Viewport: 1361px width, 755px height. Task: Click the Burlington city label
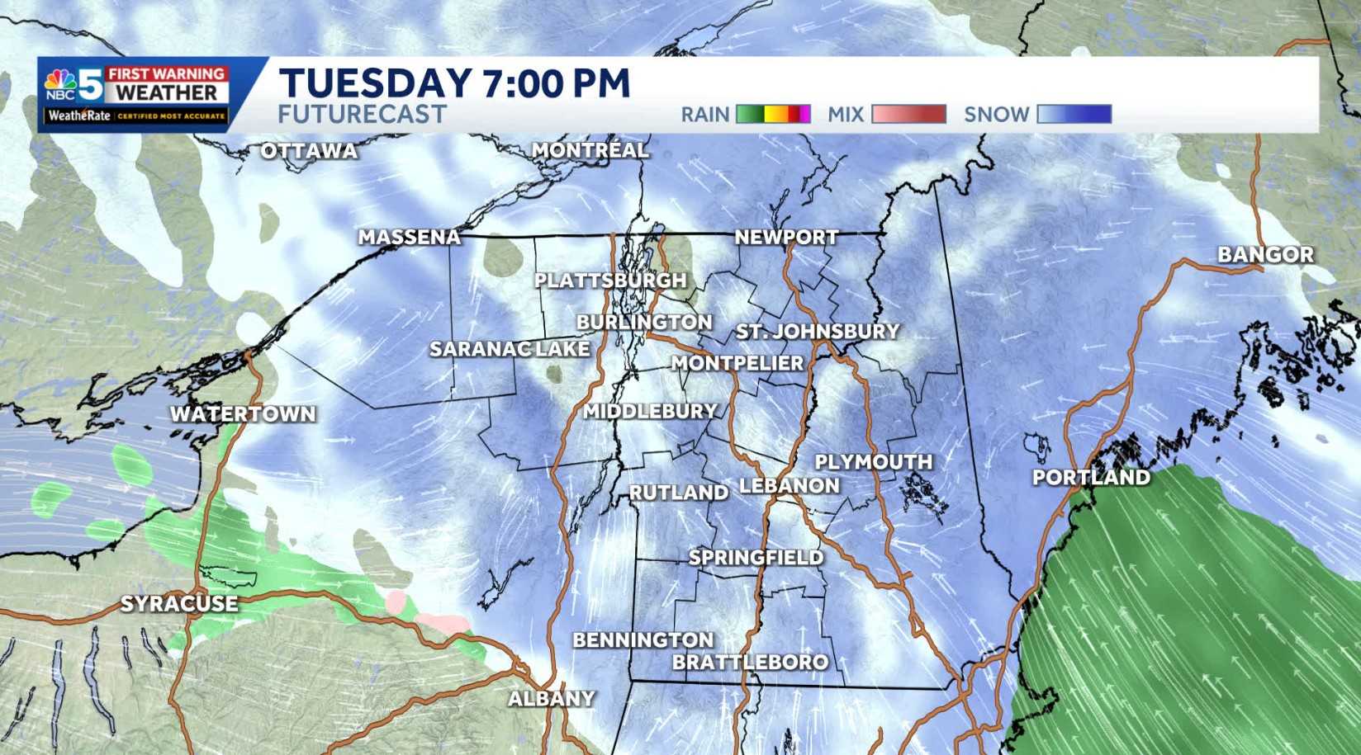(644, 322)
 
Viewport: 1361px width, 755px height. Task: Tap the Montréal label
(590, 150)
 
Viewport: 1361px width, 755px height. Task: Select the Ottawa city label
(309, 151)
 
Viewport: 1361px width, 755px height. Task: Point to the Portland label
(1091, 477)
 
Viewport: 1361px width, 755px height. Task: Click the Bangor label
(1265, 255)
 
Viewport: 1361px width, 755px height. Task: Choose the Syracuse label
(179, 604)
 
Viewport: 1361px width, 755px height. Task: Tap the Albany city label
(551, 698)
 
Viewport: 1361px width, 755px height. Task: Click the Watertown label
(243, 413)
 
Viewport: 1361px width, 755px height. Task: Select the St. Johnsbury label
(818, 331)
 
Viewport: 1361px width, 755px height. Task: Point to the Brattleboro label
(750, 662)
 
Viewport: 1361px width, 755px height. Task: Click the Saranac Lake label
(510, 349)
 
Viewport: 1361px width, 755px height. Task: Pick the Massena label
(409, 238)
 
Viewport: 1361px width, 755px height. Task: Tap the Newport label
(786, 237)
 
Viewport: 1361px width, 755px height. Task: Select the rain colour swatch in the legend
(773, 114)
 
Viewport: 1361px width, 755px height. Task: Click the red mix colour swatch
(908, 114)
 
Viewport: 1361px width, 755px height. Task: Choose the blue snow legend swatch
(1074, 114)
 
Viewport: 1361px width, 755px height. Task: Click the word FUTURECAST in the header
(363, 114)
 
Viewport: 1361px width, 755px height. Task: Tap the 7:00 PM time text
(553, 83)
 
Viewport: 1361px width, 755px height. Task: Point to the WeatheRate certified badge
(136, 116)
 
